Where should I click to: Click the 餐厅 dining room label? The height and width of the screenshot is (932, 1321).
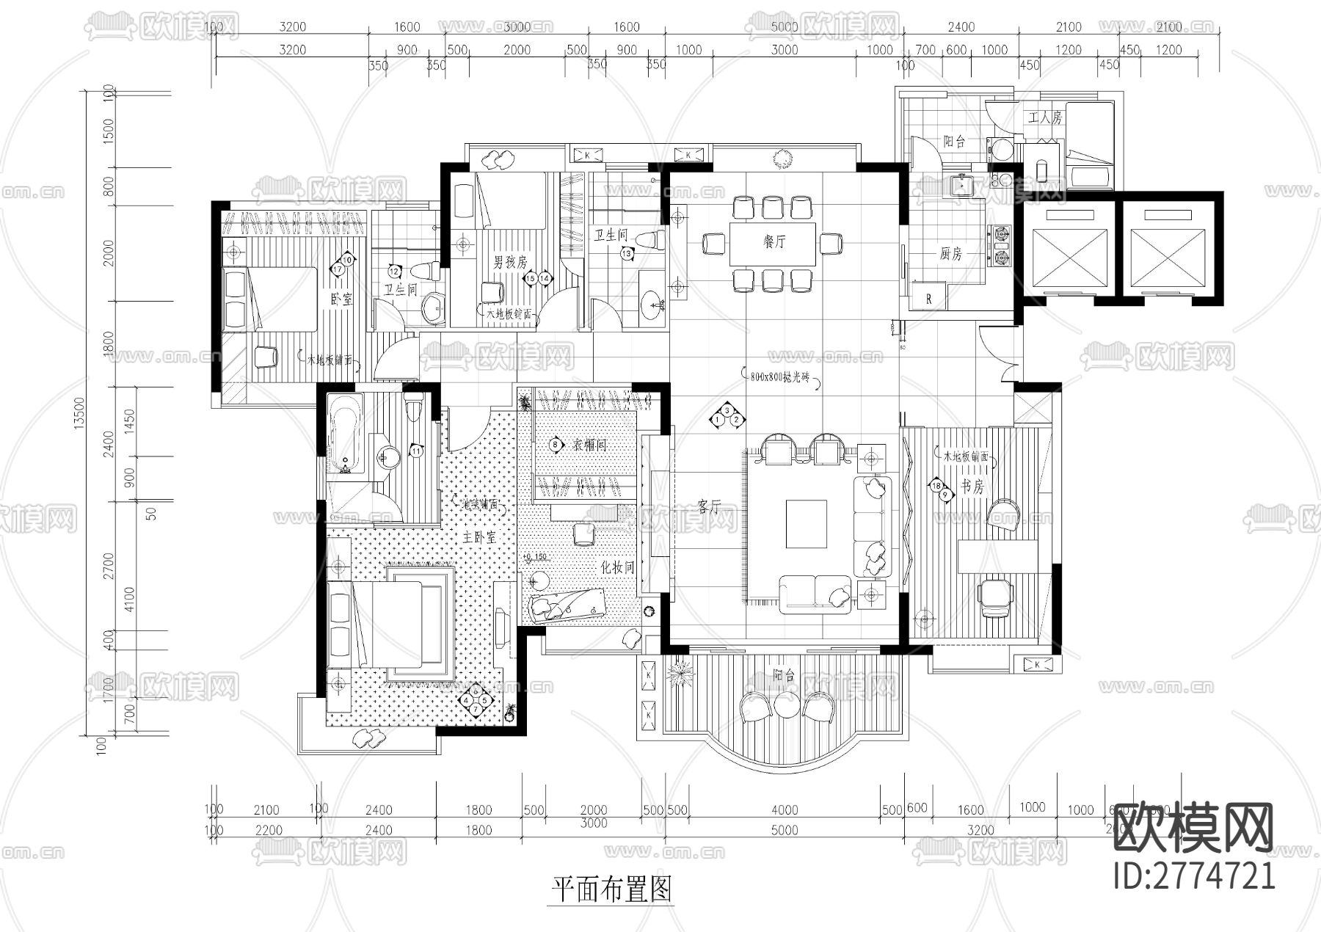(x=774, y=241)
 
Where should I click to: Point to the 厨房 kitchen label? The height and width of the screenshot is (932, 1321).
(x=950, y=254)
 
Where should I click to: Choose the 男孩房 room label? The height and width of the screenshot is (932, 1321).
(x=509, y=262)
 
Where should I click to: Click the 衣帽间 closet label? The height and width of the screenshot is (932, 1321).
(x=589, y=445)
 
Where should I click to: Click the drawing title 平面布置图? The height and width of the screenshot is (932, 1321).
(x=611, y=890)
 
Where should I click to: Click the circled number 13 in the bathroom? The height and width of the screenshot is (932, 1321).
(x=627, y=253)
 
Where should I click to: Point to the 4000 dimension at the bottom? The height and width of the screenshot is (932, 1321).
(x=785, y=810)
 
